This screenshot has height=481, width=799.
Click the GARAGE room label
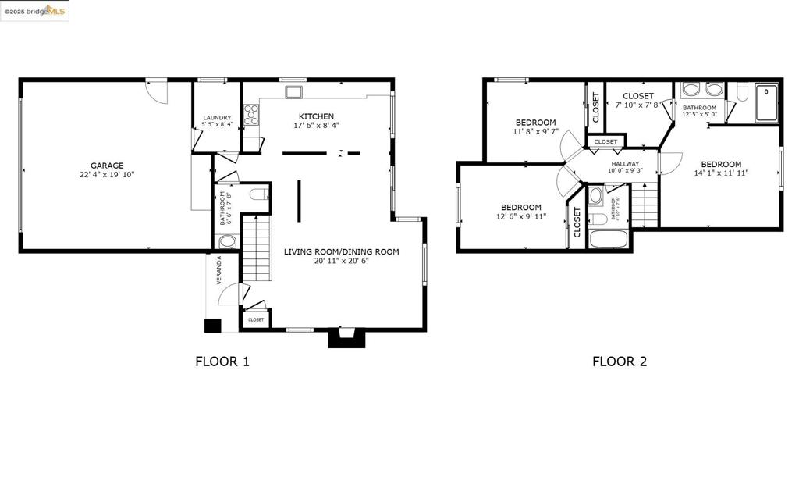coord(107,166)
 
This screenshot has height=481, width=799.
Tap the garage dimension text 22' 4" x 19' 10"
coord(107,175)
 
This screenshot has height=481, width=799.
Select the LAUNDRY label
coord(216,118)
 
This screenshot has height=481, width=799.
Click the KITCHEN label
coord(316,116)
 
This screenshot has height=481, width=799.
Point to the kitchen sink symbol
coord(293,93)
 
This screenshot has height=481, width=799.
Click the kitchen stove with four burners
coord(251,116)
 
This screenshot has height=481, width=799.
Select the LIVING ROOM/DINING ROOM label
coord(341,251)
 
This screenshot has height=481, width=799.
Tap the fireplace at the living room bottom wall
coord(346,337)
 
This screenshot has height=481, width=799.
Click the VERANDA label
coord(219,270)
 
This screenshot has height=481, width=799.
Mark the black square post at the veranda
coord(212,326)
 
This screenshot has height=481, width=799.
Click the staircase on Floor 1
coord(257,248)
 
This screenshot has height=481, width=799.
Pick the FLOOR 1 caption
coord(222,362)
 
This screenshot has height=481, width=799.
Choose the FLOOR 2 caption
coord(620,362)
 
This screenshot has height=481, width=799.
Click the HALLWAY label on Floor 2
coord(625,164)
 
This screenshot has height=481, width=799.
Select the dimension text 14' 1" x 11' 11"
coord(720,174)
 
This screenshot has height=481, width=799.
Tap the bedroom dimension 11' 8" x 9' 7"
coord(535,132)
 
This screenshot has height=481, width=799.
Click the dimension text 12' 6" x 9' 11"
coord(521,216)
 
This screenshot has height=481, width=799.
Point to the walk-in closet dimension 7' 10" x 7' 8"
coord(637,105)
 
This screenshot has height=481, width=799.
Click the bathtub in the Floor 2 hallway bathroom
coord(609,239)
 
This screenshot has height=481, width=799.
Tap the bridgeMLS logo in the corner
coord(34,10)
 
